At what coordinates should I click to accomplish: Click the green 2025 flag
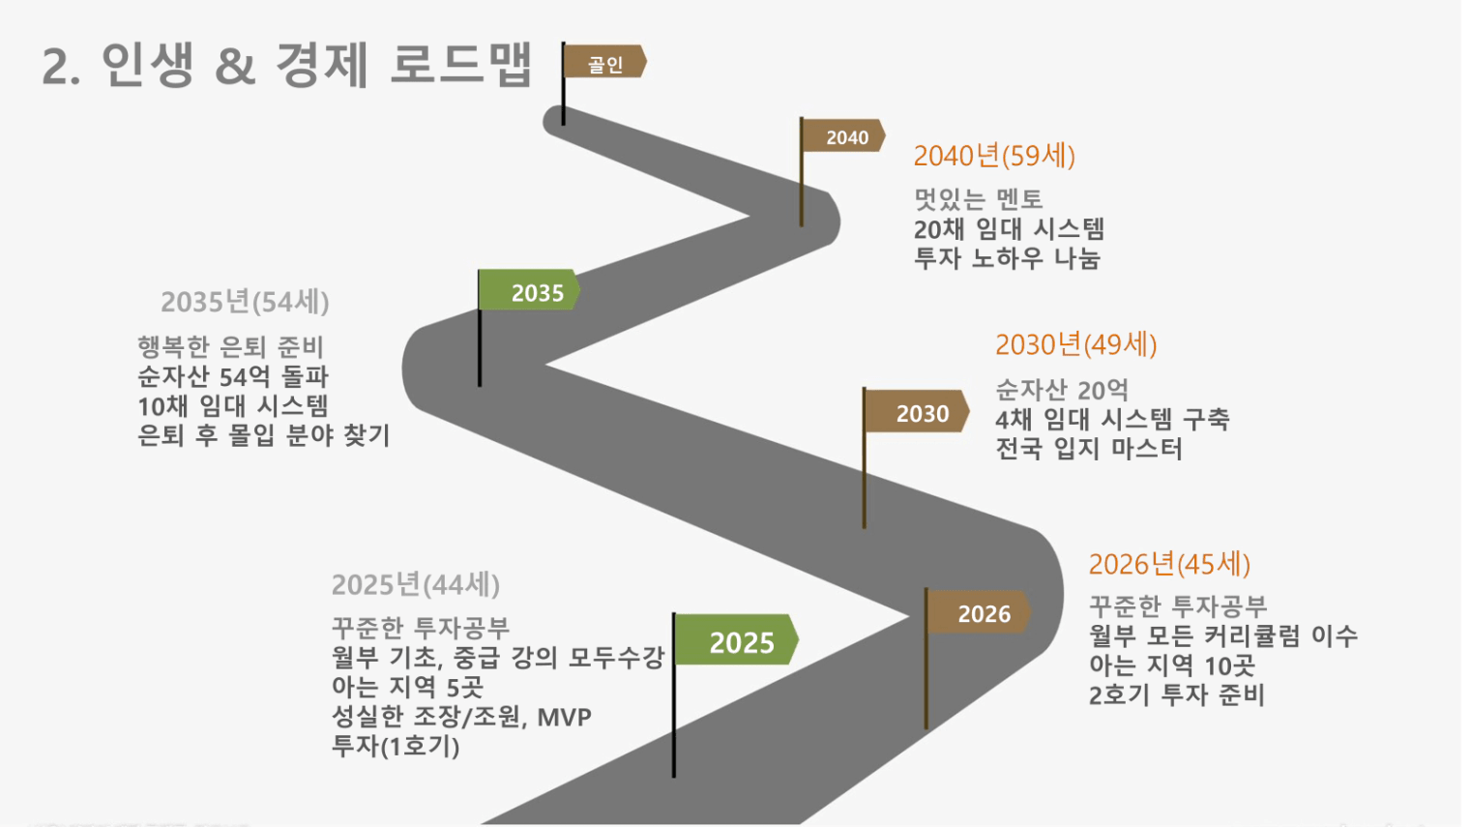point(736,640)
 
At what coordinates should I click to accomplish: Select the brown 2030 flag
point(917,411)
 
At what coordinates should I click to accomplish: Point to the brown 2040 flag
point(843,135)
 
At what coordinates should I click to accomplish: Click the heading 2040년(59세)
point(994,157)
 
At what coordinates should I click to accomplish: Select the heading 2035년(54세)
point(245,302)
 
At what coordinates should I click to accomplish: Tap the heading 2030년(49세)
point(1076,344)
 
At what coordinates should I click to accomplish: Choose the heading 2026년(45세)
point(1169,565)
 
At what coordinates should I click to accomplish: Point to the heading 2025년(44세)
point(416,584)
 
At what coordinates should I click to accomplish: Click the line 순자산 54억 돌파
point(233,377)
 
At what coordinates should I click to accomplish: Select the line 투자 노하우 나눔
point(1007,258)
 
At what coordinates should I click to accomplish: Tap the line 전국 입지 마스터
point(1089,449)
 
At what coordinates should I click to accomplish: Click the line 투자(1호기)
point(396,747)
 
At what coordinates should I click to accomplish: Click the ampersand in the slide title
point(235,67)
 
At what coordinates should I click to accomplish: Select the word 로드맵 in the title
point(460,64)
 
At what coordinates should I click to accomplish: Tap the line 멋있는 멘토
point(979,199)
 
